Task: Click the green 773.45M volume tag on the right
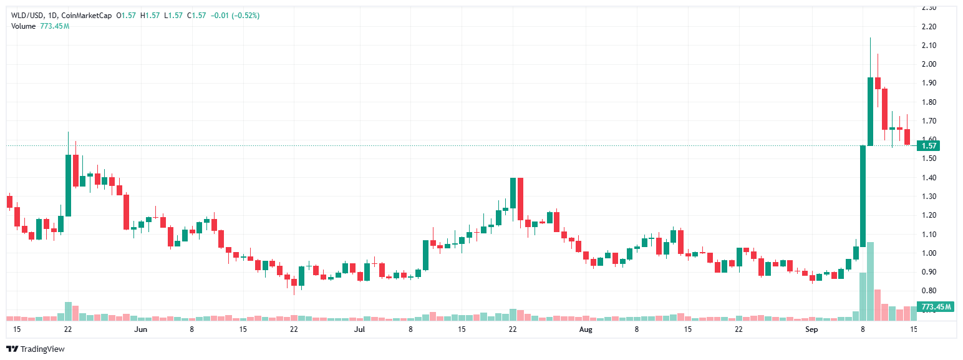[x=936, y=306]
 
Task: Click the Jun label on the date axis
[x=141, y=329]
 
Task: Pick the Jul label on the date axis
[x=359, y=329]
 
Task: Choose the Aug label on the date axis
[x=585, y=329]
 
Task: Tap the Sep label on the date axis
[x=811, y=329]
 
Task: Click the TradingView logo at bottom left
[x=36, y=349]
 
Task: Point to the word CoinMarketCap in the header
[x=92, y=15]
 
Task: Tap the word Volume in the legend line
[x=24, y=26]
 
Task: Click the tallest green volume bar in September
[x=870, y=281]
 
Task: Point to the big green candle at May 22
[x=68, y=185]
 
